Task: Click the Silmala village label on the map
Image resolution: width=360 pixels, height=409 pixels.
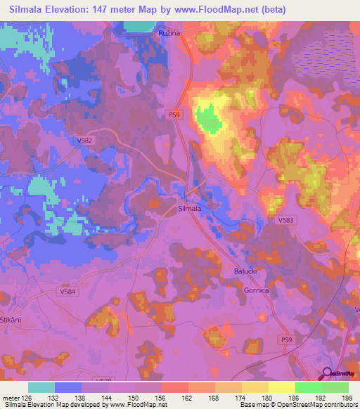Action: click(190, 208)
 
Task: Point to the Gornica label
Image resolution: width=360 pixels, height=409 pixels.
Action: click(256, 290)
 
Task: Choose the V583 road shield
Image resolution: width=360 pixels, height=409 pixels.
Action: click(285, 220)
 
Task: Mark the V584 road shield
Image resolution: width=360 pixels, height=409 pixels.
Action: click(67, 290)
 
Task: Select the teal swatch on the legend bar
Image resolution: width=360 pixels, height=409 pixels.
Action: click(41, 387)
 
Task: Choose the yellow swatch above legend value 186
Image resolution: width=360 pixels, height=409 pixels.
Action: click(281, 387)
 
